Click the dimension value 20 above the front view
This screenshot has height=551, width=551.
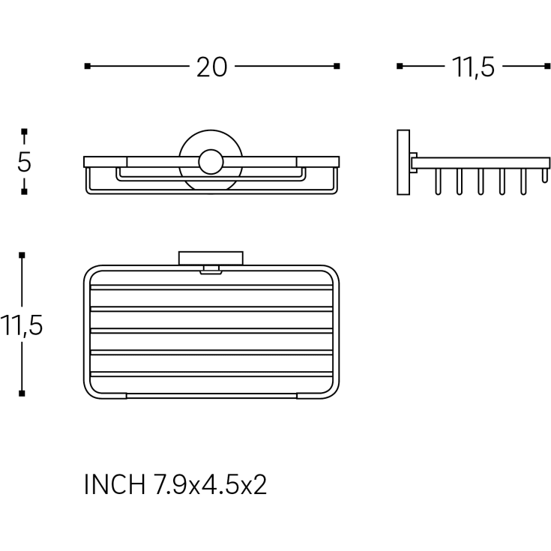(x=212, y=67)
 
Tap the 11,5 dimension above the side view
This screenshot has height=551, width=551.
(x=473, y=67)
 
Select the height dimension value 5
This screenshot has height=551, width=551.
(x=24, y=162)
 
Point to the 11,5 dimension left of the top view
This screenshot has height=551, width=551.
(x=22, y=325)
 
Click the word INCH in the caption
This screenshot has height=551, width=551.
(x=115, y=485)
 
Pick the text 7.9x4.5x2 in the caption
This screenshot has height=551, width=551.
(x=210, y=485)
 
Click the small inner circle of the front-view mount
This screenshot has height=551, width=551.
(x=211, y=162)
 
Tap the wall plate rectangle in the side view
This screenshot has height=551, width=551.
(x=403, y=162)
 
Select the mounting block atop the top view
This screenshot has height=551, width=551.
(x=211, y=259)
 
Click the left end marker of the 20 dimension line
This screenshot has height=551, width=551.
(x=88, y=66)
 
